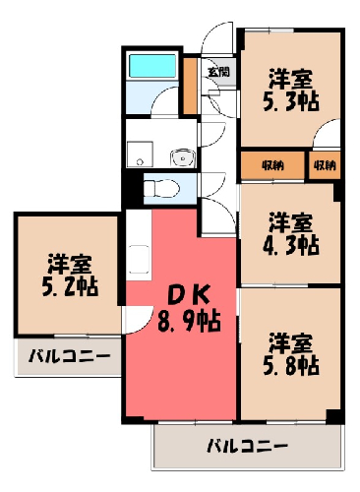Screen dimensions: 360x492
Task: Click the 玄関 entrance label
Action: (x=218, y=72)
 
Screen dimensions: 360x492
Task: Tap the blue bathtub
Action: (x=152, y=66)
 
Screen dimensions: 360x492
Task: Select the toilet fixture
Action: (x=161, y=189)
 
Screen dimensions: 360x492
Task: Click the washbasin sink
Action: (x=183, y=158)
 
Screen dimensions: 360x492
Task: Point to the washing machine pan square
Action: (x=140, y=154)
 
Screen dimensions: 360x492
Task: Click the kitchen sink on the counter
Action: (x=140, y=259)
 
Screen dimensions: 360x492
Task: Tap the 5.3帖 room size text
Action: (x=290, y=102)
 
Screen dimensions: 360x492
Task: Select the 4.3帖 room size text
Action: (x=290, y=246)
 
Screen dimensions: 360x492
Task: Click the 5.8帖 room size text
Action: (x=290, y=366)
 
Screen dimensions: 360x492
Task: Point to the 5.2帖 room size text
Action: (x=70, y=287)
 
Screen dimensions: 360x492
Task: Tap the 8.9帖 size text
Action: (x=189, y=320)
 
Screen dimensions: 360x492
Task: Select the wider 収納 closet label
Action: (x=272, y=166)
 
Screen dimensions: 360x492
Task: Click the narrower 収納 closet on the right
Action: (x=325, y=165)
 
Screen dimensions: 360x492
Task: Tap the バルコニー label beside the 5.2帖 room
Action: (x=70, y=356)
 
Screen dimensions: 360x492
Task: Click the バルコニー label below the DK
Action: (x=248, y=447)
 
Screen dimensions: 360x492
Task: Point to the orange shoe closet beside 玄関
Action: (x=190, y=86)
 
